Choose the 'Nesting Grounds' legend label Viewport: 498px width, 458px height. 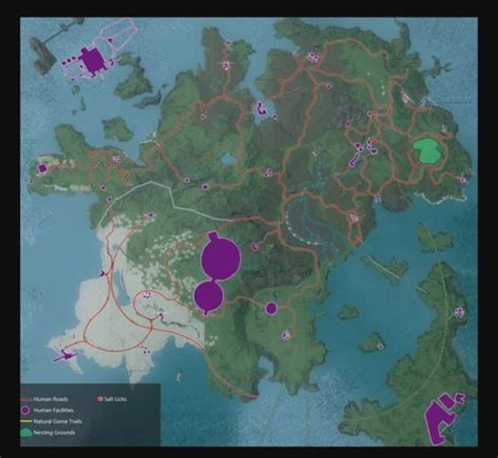click(55, 432)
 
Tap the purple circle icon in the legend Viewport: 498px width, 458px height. click(26, 410)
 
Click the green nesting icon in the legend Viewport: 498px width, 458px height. click(26, 432)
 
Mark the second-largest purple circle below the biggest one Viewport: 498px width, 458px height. click(208, 297)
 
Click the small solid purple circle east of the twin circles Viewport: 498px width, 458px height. click(271, 308)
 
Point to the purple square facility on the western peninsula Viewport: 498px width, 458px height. click(42, 168)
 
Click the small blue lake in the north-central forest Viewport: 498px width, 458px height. click(227, 159)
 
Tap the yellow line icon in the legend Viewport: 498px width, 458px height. click(26, 421)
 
